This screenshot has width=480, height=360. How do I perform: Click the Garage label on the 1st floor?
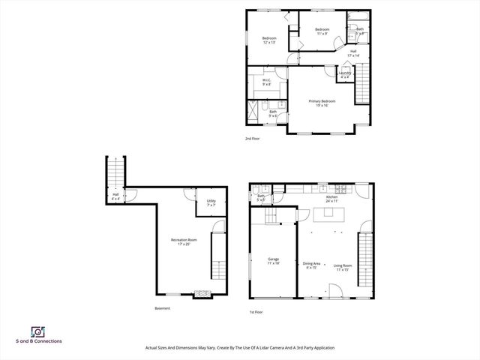tap(273, 261)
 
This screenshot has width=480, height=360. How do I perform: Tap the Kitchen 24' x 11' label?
tap(331, 199)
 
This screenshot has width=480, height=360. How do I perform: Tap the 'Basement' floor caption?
tap(162, 308)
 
